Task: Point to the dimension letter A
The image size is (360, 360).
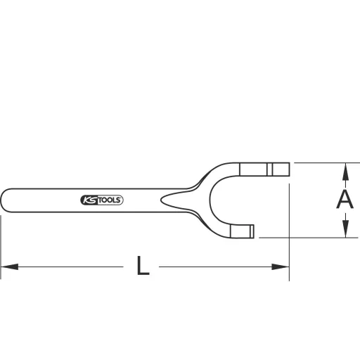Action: point(344,200)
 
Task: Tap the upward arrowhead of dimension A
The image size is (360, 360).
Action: point(345,170)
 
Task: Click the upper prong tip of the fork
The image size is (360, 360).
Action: point(283,169)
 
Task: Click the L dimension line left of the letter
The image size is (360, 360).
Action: point(70,267)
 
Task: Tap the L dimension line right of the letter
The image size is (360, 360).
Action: point(218,267)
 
